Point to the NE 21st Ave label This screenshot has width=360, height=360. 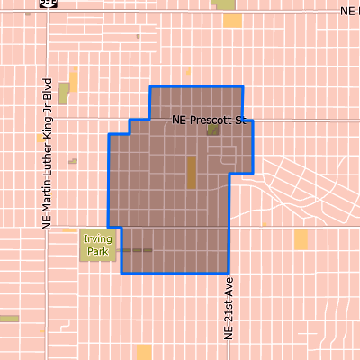(x=229, y=307)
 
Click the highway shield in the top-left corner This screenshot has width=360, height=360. (x=45, y=3)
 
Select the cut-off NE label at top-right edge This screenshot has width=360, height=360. (x=349, y=11)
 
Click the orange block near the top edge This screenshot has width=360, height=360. (x=232, y=20)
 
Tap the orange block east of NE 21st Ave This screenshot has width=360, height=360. (x=301, y=238)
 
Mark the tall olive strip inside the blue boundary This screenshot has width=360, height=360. (x=191, y=171)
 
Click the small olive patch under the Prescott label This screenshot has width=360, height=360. (x=213, y=130)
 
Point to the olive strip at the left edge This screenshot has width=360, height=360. (x=9, y=318)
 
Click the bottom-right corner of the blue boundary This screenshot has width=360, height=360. (x=229, y=273)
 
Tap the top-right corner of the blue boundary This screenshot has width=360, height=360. (x=243, y=86)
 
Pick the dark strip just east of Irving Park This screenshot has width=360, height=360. (x=137, y=250)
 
